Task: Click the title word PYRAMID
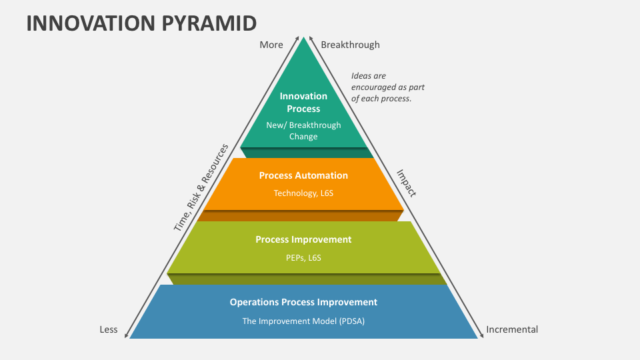209,23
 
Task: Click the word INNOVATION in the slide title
91,23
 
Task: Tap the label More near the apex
271,45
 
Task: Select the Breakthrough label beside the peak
350,45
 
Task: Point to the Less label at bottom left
109,329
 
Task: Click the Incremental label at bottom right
512,329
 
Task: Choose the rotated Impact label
407,183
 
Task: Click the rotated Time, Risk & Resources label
201,188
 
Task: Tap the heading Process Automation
303,175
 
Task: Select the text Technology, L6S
303,193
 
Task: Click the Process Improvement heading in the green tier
303,239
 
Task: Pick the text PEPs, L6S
303,257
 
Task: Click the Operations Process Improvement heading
303,302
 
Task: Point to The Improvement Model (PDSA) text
303,321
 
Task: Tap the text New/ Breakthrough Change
303,131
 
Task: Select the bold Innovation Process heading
303,103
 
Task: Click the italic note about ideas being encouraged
388,87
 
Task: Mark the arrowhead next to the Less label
127,335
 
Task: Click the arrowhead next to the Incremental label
481,335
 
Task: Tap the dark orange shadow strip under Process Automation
301,216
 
